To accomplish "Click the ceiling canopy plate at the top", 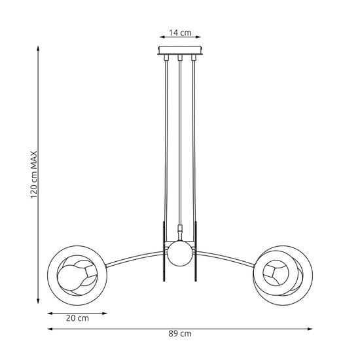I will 179,51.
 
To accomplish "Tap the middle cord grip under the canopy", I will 179,61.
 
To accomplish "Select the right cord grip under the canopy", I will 194,60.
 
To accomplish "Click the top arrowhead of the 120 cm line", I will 37,50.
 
